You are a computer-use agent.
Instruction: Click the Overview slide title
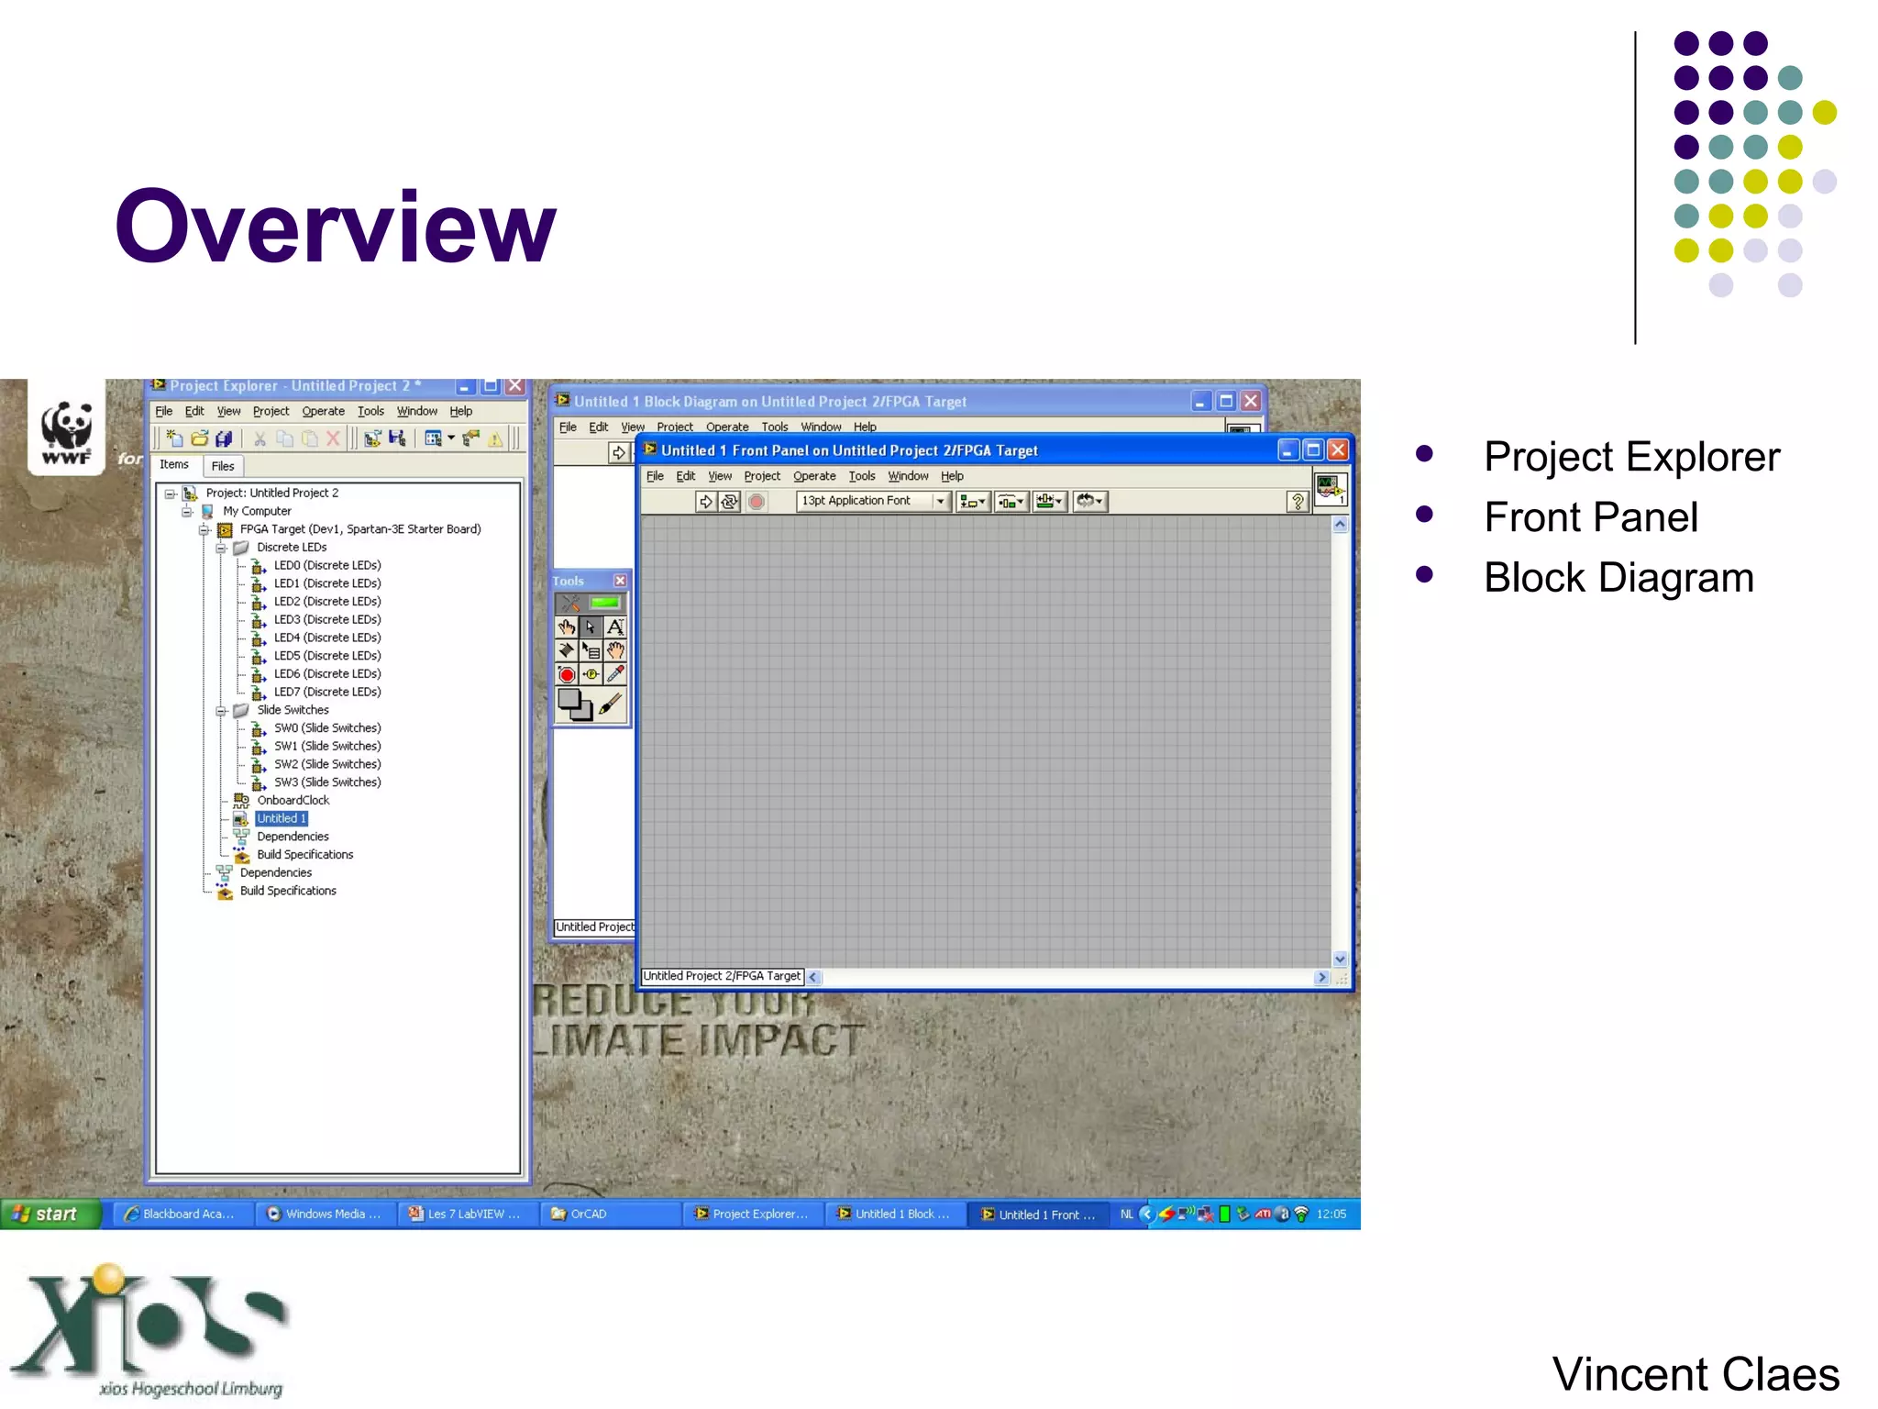tap(335, 227)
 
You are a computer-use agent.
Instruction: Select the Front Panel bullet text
tap(1590, 517)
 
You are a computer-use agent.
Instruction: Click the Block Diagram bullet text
tap(1618, 578)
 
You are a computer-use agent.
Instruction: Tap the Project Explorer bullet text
tap(1630, 457)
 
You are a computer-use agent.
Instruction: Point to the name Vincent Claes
tap(1695, 1374)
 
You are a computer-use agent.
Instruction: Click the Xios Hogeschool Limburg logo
tap(151, 1330)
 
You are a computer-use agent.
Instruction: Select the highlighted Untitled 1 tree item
tap(282, 818)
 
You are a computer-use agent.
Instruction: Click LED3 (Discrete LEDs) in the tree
tap(326, 619)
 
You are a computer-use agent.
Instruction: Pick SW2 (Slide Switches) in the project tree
tap(326, 764)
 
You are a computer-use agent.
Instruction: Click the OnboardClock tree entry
tap(293, 800)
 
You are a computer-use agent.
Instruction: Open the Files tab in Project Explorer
tap(223, 466)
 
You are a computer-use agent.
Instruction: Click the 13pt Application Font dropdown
tap(872, 501)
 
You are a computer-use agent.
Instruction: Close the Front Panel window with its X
tap(1338, 449)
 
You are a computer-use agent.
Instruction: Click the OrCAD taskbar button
tap(588, 1214)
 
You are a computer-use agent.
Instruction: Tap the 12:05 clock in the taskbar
tap(1331, 1214)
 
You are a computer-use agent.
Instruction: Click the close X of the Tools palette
tap(620, 581)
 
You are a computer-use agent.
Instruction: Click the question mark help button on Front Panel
tap(1297, 501)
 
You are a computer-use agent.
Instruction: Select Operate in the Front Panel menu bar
tap(813, 476)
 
